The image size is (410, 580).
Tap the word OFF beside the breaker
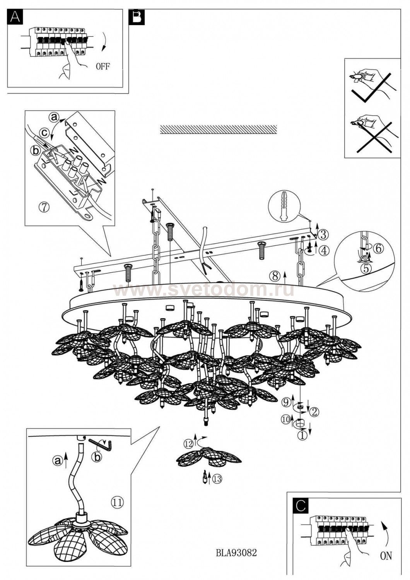pyautogui.click(x=102, y=66)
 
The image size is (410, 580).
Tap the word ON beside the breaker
pyautogui.click(x=386, y=556)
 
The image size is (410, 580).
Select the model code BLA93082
pyautogui.click(x=236, y=553)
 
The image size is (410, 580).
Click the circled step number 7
pyautogui.click(x=44, y=207)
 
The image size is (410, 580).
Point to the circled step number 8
pyautogui.click(x=275, y=276)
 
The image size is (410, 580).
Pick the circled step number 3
pyautogui.click(x=324, y=234)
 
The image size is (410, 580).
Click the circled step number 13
pyautogui.click(x=217, y=479)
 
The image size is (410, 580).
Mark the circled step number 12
pyautogui.click(x=188, y=444)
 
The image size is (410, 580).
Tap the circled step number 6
pyautogui.click(x=378, y=249)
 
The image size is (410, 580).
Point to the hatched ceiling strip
pyautogui.click(x=219, y=129)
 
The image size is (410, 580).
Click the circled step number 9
pyautogui.click(x=286, y=403)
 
